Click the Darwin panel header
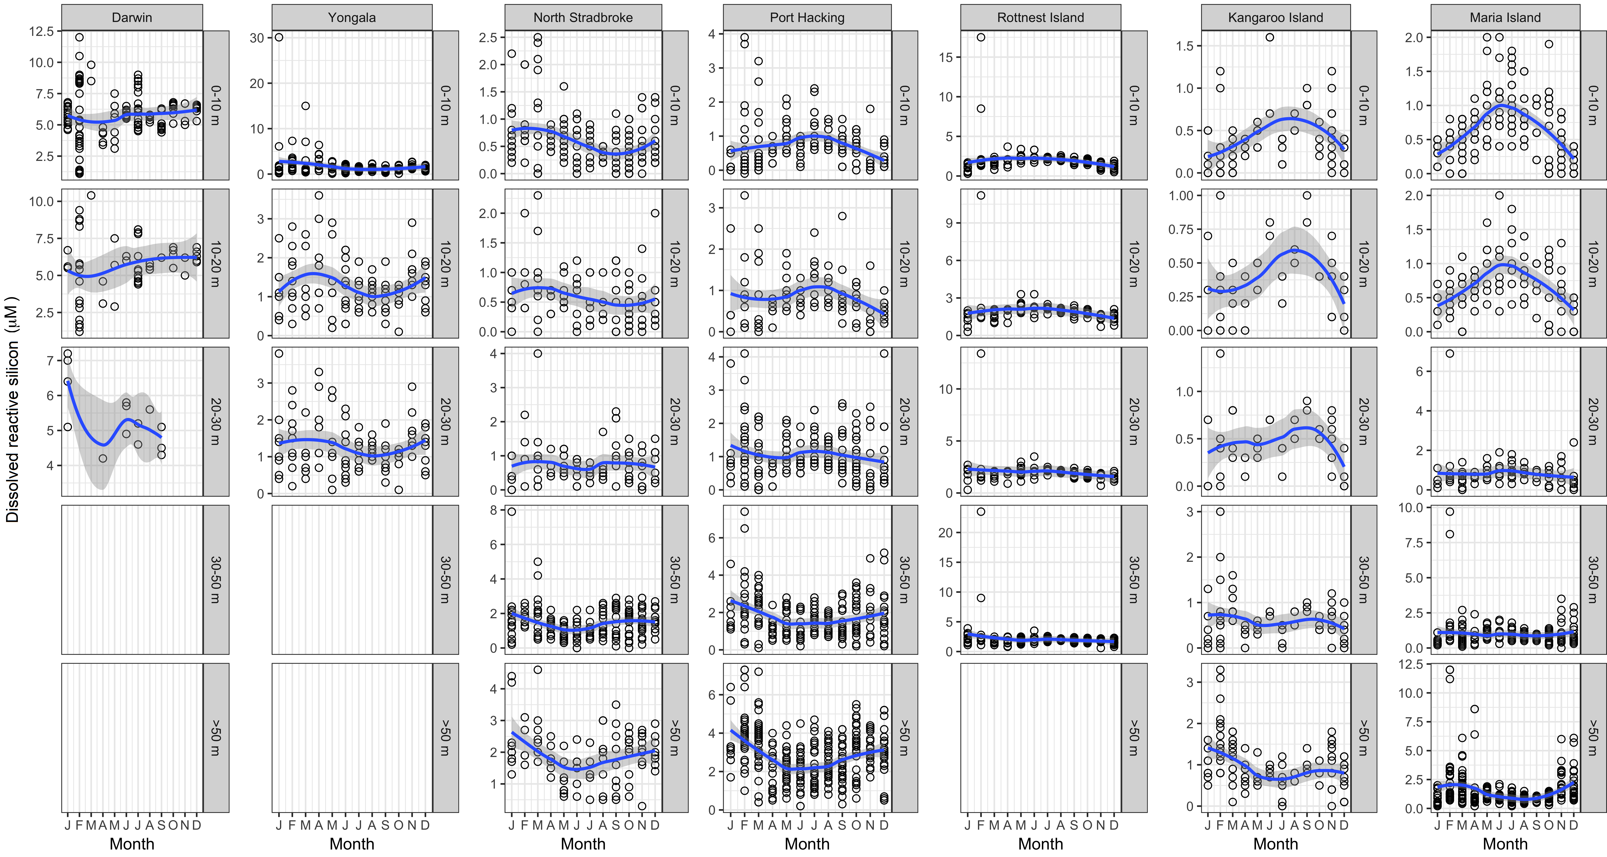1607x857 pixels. click(x=132, y=18)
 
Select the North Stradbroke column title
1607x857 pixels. click(x=583, y=18)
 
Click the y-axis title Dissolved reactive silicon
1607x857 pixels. click(x=12, y=409)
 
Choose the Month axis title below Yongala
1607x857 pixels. click(x=352, y=844)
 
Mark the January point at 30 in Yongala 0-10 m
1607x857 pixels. click(x=279, y=38)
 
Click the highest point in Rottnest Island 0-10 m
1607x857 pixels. click(x=981, y=38)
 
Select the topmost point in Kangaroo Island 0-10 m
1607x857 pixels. click(x=1270, y=38)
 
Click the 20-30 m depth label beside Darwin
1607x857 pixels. click(x=215, y=422)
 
